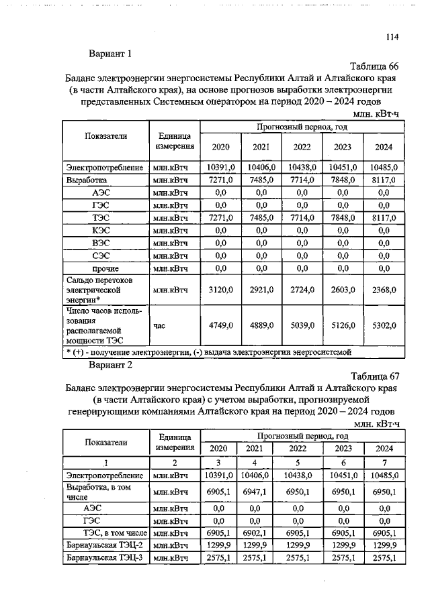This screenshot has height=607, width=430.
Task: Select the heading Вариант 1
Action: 111,54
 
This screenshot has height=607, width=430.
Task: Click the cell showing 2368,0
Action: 384,290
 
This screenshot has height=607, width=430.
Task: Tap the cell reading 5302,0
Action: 384,325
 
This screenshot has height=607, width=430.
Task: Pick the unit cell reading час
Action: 160,325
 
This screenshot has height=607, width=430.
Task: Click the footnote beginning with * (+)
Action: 208,351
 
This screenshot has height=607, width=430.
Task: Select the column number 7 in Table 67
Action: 384,462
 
